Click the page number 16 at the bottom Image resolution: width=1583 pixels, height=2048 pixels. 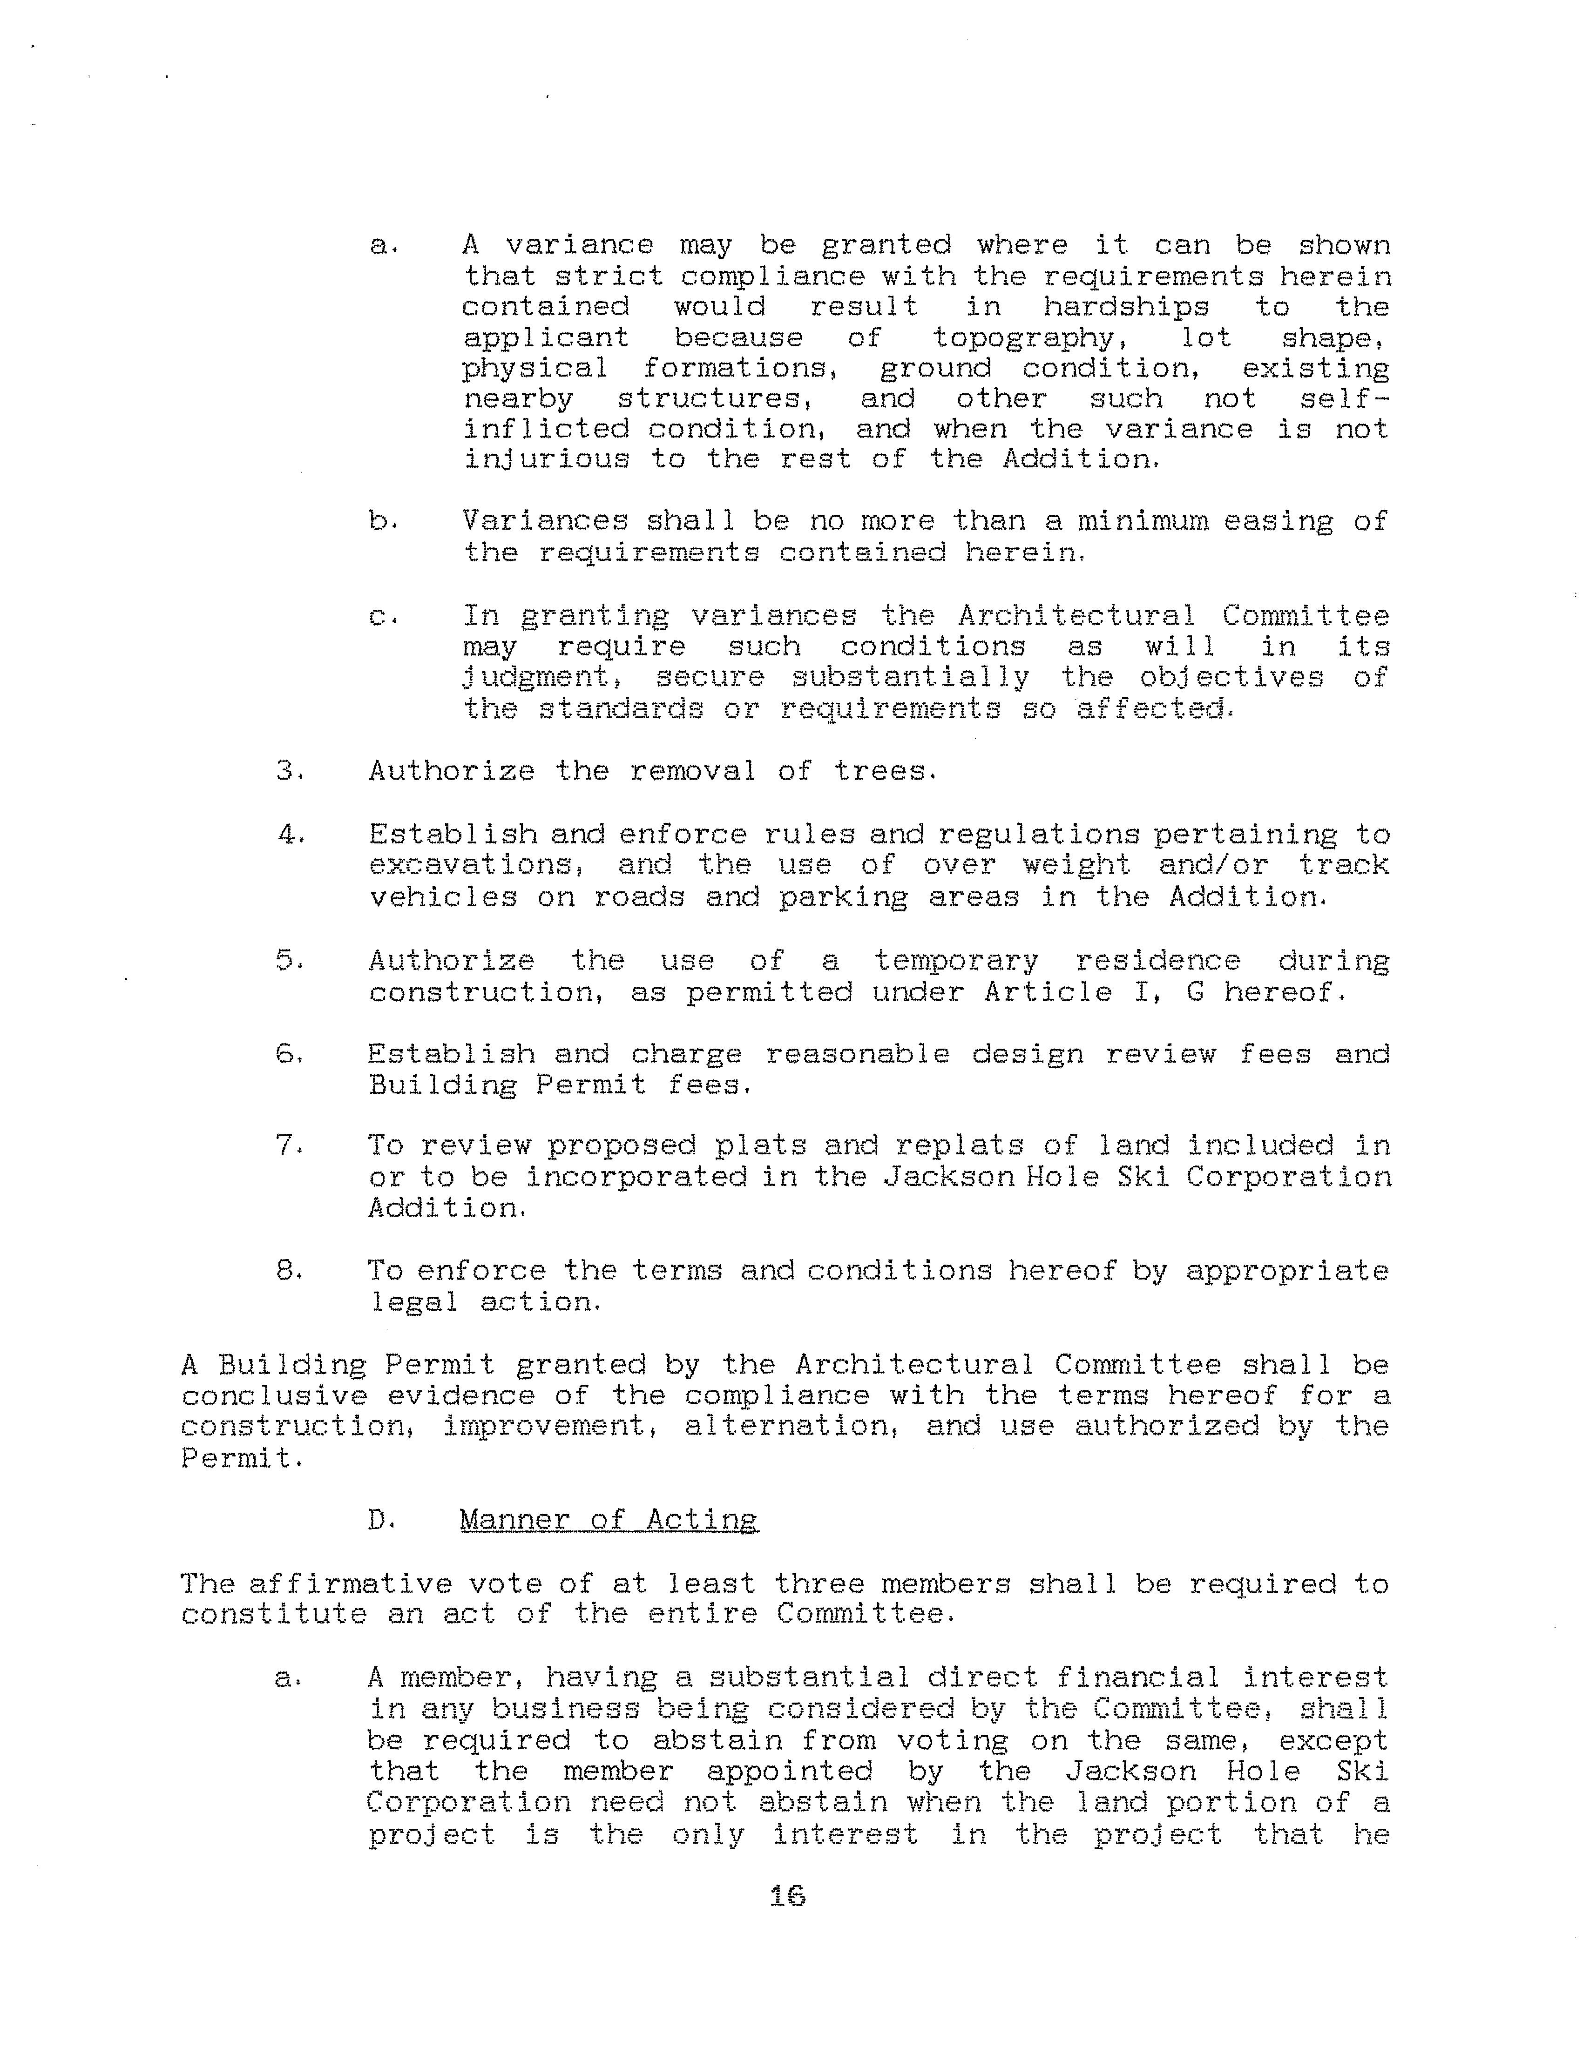click(x=787, y=1896)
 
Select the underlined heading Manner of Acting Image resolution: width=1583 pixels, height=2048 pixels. click(x=609, y=1520)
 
